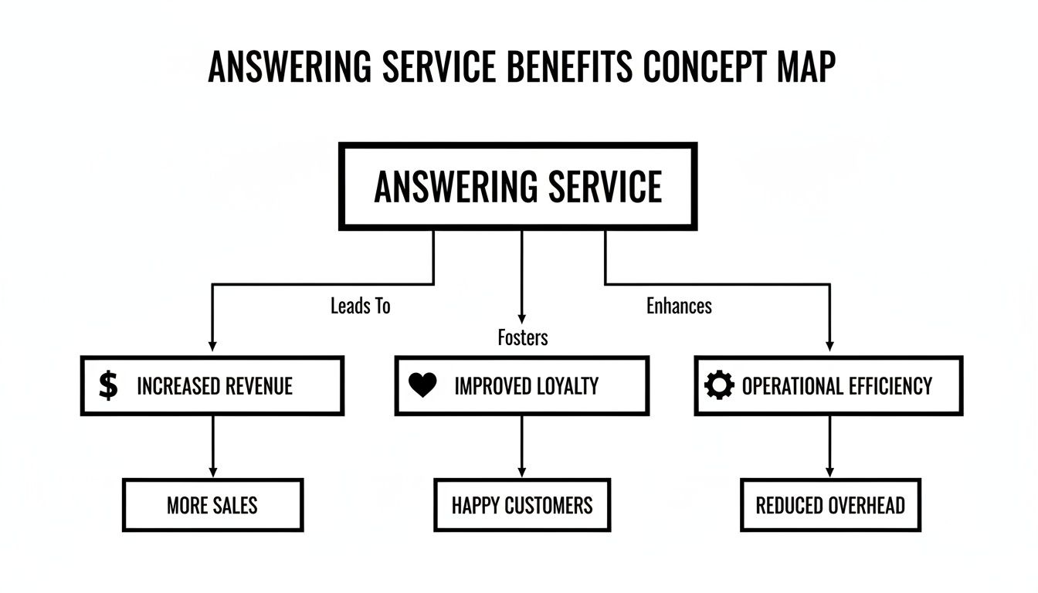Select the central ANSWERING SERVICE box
517,186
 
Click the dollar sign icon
109,385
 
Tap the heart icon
422,385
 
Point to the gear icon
720,385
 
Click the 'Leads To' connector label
360,307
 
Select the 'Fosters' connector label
522,337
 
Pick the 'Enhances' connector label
679,307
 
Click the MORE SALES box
212,505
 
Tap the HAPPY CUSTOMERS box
522,505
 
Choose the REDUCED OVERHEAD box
830,505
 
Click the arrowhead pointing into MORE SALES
212,472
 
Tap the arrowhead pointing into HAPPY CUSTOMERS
522,472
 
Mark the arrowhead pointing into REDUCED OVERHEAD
830,472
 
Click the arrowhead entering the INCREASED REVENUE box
212,347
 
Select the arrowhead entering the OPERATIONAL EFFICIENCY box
830,347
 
